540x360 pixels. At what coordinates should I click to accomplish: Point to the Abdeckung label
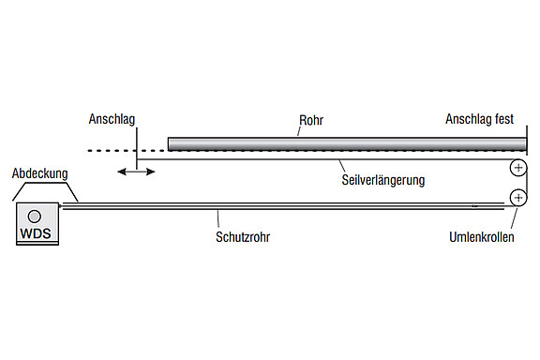click(38, 174)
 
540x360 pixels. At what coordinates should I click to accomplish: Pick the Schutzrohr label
click(243, 238)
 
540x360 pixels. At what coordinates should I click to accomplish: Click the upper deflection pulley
click(517, 169)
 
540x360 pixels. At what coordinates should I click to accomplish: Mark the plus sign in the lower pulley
click(517, 198)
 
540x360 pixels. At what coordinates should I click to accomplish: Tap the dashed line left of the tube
click(112, 150)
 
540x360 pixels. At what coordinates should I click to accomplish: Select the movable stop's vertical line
click(137, 150)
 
